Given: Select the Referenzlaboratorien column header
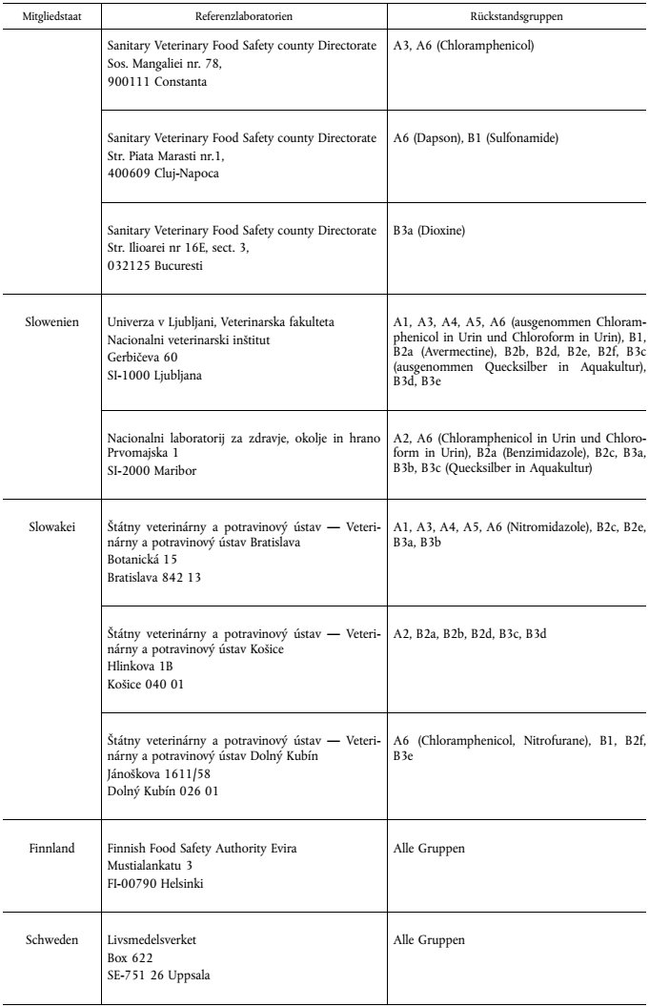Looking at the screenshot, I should (x=244, y=16).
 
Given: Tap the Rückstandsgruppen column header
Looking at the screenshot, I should (x=515, y=16).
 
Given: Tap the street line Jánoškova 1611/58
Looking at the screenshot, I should (x=159, y=773).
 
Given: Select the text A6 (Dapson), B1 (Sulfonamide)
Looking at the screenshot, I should (x=476, y=138).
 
